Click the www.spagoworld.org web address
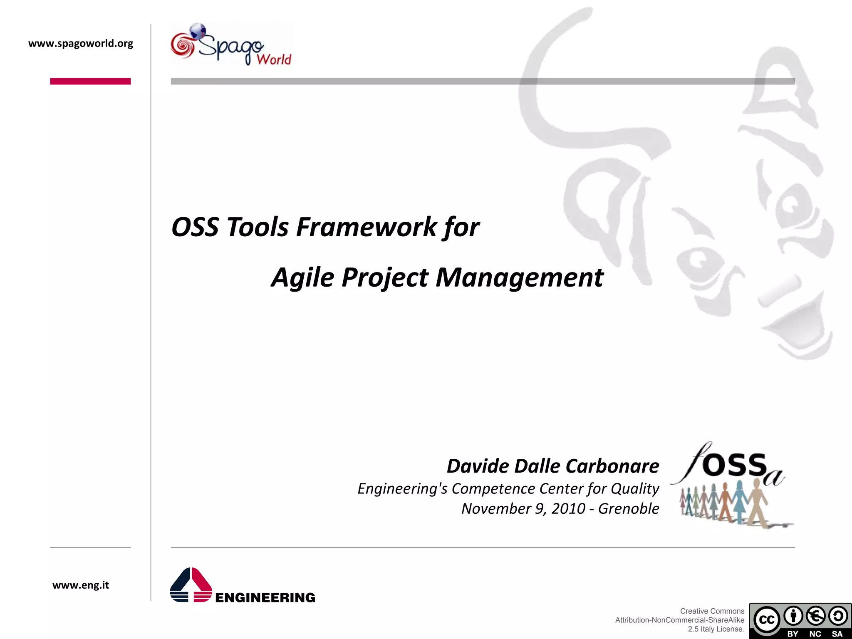pyautogui.click(x=81, y=43)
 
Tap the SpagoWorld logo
pyautogui.click(x=231, y=45)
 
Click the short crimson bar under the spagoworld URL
pyautogui.click(x=90, y=81)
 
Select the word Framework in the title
pyautogui.click(x=366, y=227)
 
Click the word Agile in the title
pyautogui.click(x=302, y=277)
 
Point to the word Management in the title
pyautogui.click(x=519, y=277)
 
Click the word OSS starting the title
pyautogui.click(x=195, y=227)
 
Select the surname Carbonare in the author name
pyautogui.click(x=612, y=466)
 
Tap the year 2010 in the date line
pyautogui.click(x=568, y=508)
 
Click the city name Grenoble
pyautogui.click(x=628, y=508)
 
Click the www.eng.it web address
pyautogui.click(x=81, y=585)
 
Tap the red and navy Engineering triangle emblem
pyautogui.click(x=191, y=585)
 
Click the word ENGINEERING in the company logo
pyautogui.click(x=265, y=598)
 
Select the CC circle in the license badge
pyautogui.click(x=766, y=619)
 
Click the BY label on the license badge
pyautogui.click(x=793, y=634)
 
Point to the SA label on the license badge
pyautogui.click(x=837, y=634)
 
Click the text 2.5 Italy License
pyautogui.click(x=716, y=629)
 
